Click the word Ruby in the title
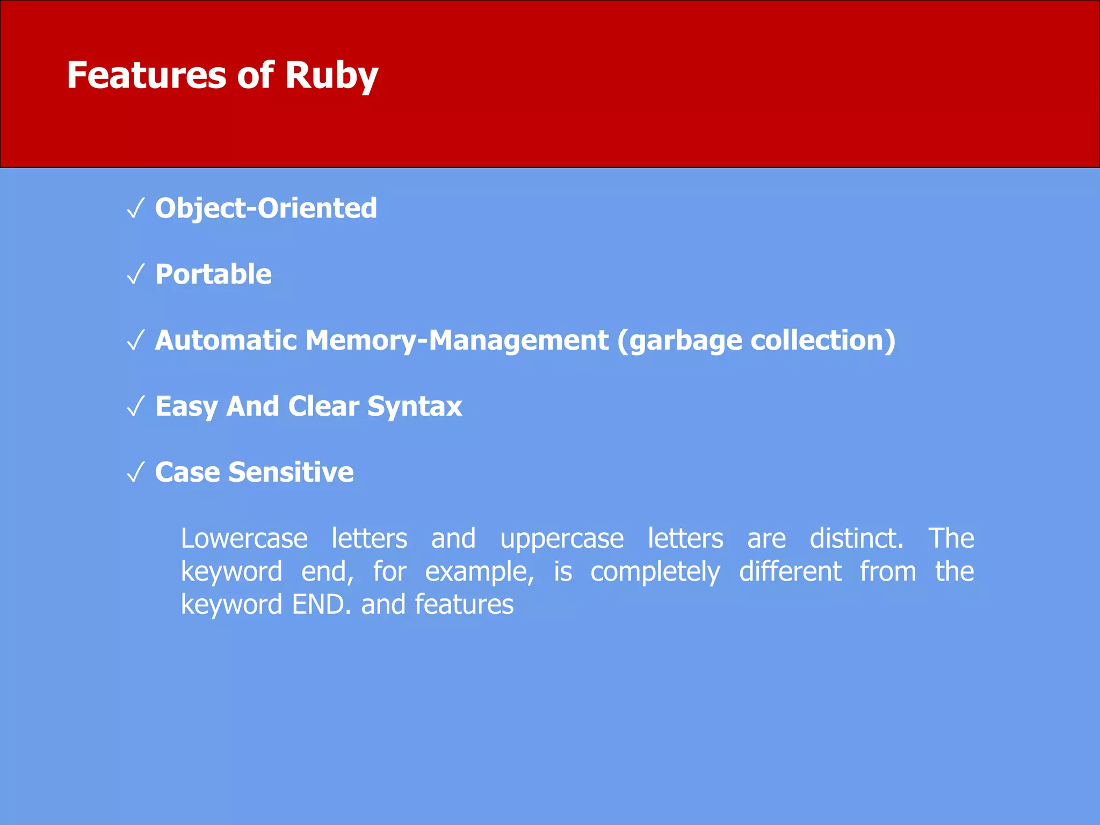[x=331, y=75]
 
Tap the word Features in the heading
[x=147, y=75]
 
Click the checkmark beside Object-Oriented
[x=136, y=208]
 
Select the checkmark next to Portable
[x=136, y=274]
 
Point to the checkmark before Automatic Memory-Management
[x=136, y=341]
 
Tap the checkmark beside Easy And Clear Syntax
[x=136, y=407]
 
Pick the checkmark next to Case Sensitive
[x=136, y=473]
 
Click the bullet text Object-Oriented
[x=266, y=208]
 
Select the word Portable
[x=213, y=274]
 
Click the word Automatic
[x=226, y=340]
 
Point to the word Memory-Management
[x=457, y=340]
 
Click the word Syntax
[x=415, y=407]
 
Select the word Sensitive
[x=291, y=472]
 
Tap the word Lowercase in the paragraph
[x=244, y=538]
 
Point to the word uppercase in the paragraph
[x=562, y=539]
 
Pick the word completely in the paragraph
[x=655, y=572]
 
